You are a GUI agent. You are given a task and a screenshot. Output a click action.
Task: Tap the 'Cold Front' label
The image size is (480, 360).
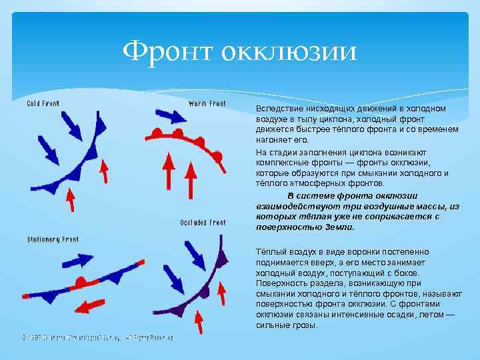pos(43,104)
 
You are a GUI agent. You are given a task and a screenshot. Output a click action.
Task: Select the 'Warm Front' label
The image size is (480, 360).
pos(207,104)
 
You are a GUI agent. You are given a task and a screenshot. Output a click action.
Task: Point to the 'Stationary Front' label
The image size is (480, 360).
pos(53,239)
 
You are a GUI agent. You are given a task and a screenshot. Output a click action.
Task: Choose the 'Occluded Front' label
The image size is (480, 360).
pos(203,223)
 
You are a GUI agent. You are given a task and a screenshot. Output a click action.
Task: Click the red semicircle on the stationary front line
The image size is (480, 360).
pos(79,282)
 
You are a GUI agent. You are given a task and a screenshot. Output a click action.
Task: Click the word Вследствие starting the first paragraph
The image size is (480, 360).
pos(278,107)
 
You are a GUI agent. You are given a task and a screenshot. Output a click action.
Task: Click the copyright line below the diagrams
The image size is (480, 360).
pos(98,338)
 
